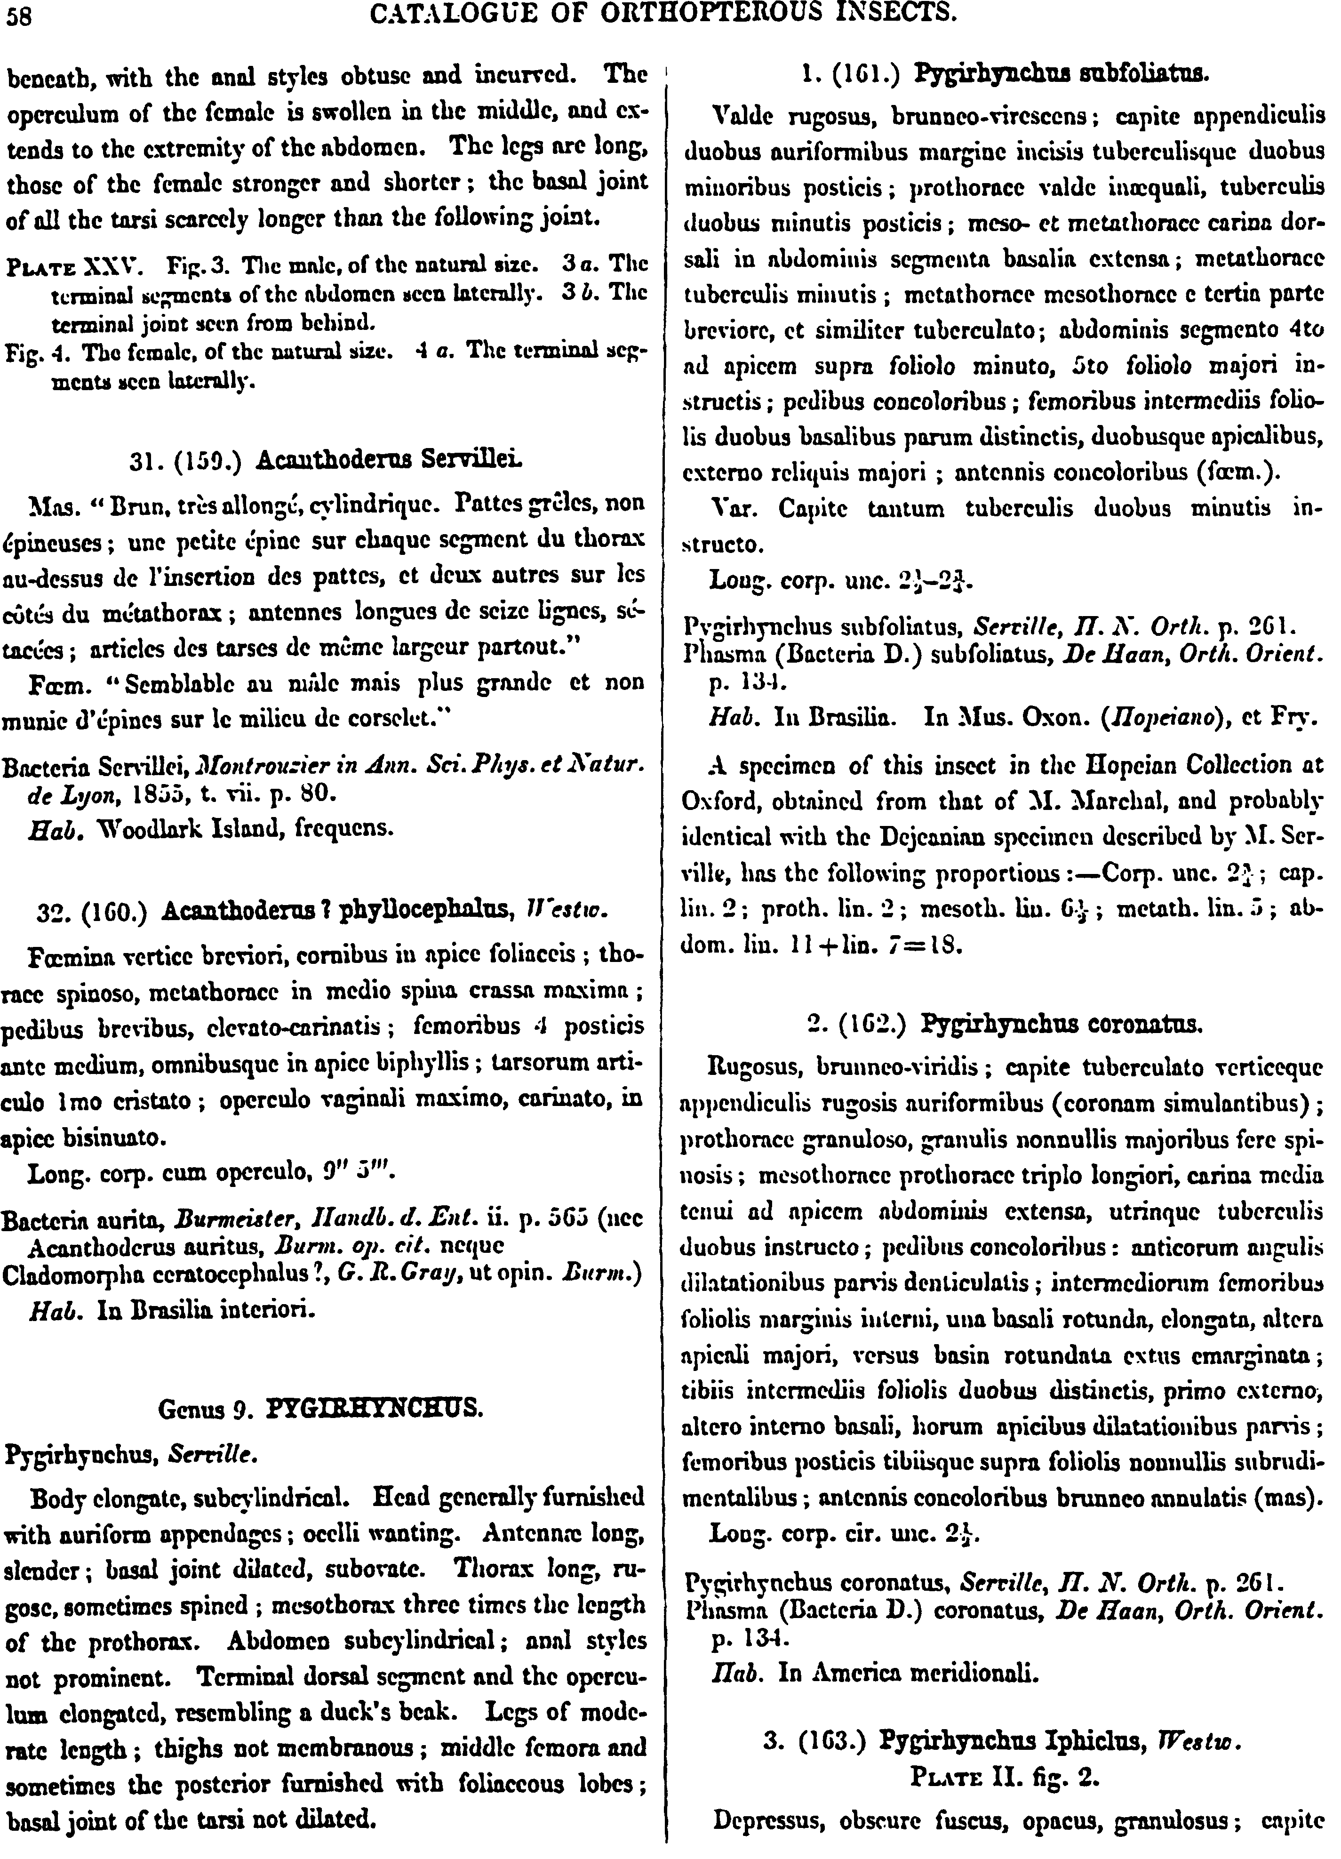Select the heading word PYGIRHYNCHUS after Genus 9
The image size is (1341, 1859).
(375, 1408)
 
